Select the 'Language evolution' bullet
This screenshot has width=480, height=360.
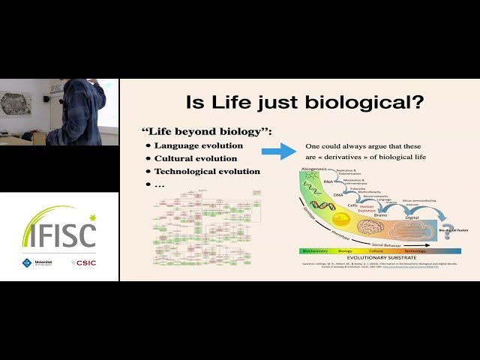pyautogui.click(x=199, y=145)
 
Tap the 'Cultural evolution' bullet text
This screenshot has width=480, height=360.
pyautogui.click(x=196, y=158)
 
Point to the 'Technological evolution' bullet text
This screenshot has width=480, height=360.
pyautogui.click(x=207, y=171)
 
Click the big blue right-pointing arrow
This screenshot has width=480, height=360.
pyautogui.click(x=278, y=153)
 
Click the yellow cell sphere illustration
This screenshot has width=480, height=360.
pyautogui.click(x=342, y=219)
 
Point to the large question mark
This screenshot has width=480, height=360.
pyautogui.click(x=448, y=232)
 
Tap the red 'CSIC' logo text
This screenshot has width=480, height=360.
pyautogui.click(x=87, y=262)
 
